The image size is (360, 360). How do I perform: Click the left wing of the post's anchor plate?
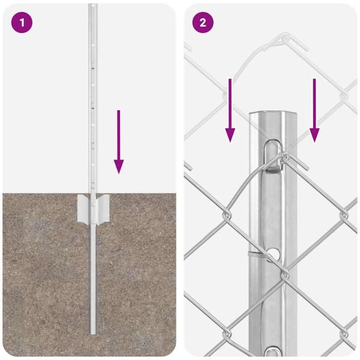(x=84, y=208)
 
